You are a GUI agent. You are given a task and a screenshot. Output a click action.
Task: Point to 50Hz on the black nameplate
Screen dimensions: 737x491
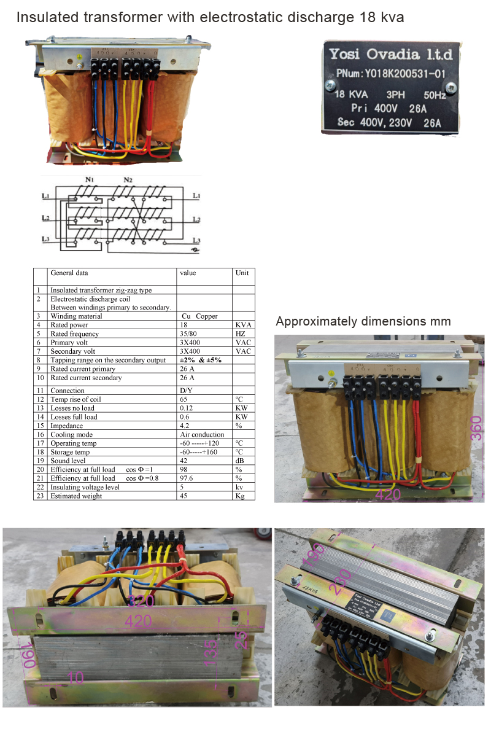(434, 95)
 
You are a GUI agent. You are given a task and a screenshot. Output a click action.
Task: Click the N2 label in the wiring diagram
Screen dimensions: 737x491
(128, 179)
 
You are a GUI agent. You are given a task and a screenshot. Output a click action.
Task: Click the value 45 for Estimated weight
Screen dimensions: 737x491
(184, 496)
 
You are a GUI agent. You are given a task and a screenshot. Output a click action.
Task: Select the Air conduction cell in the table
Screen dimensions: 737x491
(202, 434)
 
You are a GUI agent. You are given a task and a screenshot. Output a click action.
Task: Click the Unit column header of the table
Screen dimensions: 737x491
(242, 273)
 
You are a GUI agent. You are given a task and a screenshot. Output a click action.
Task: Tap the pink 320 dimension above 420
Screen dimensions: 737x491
(141, 601)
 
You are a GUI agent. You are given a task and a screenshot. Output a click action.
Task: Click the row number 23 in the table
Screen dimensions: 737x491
(39, 496)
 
